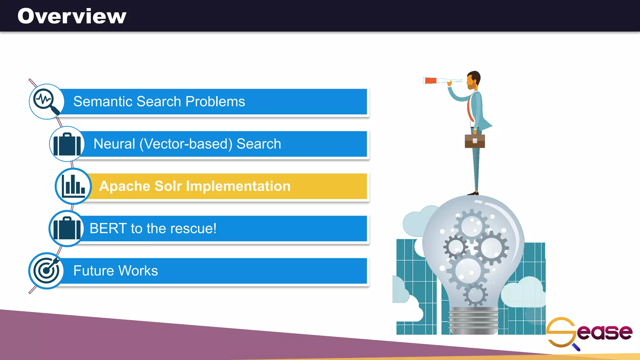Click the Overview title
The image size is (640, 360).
point(72,16)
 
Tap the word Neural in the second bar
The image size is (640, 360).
point(114,144)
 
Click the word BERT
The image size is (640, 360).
point(108,228)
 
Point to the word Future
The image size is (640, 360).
point(93,271)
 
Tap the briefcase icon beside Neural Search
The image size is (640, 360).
point(67,144)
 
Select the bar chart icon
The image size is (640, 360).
point(73,186)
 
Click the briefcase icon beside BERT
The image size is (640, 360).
point(66,228)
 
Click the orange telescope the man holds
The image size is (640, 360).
point(431,81)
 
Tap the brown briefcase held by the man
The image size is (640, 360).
point(475,141)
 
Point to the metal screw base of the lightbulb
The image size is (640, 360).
point(473,320)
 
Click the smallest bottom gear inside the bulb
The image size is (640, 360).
point(475,295)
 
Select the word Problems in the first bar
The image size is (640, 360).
point(215,102)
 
